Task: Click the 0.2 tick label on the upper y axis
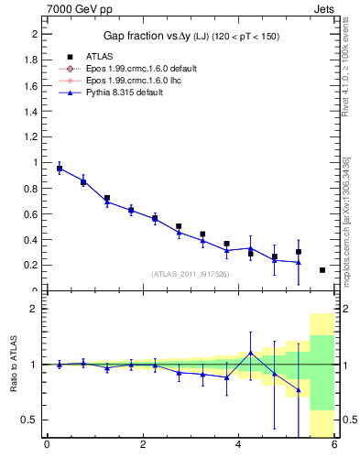click(32, 265)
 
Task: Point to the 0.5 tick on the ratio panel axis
click(32, 420)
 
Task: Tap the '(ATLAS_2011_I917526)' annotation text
click(190, 274)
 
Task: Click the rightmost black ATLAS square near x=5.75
click(322, 270)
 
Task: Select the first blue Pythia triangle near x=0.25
click(60, 169)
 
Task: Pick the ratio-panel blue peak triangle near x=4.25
click(251, 353)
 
